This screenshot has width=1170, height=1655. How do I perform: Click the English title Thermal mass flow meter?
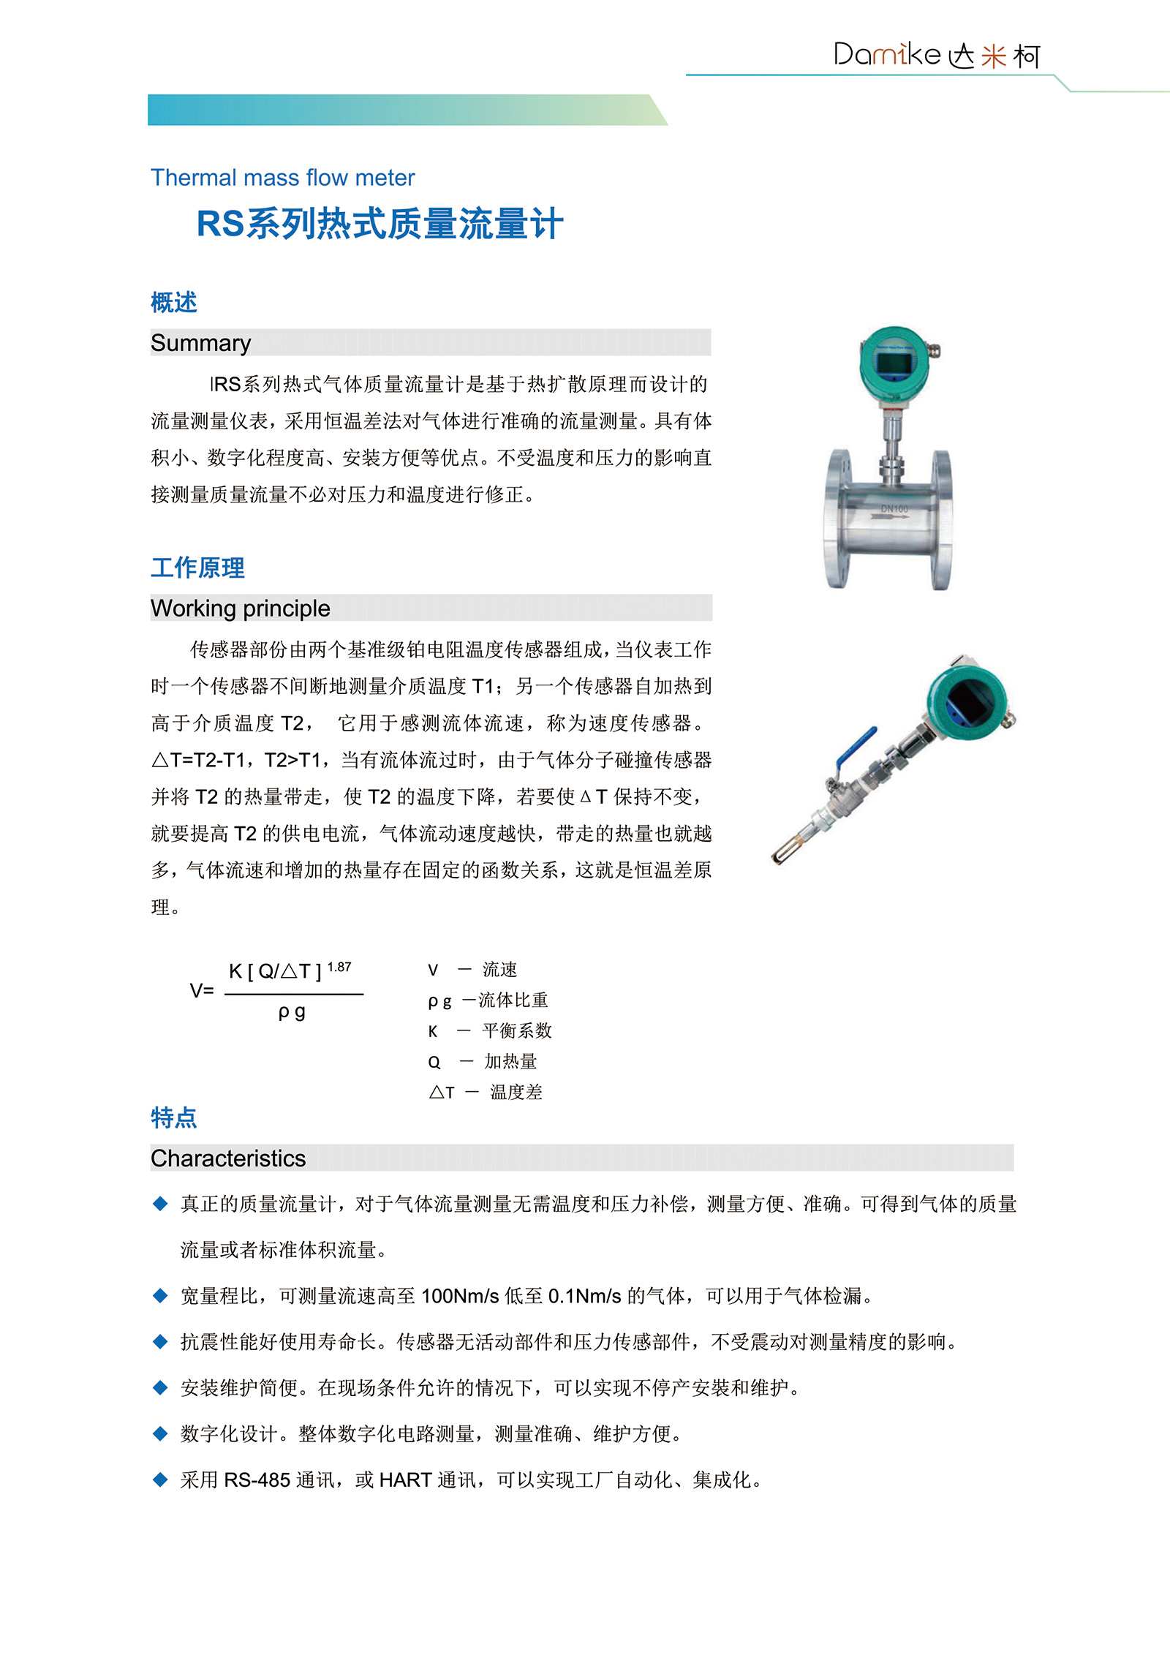tap(282, 178)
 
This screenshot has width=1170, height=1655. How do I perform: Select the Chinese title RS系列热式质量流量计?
tap(380, 224)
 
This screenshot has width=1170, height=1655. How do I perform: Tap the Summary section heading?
tap(200, 343)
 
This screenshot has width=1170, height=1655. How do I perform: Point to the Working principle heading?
tap(240, 608)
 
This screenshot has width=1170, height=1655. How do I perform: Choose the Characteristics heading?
tap(228, 1158)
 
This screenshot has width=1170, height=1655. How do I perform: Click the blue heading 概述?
tap(174, 302)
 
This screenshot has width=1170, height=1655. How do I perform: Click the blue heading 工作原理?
tap(197, 568)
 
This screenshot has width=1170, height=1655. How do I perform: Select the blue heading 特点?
tap(174, 1117)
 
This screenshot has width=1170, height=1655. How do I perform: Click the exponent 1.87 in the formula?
tap(339, 967)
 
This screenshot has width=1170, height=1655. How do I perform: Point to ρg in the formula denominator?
tap(292, 1012)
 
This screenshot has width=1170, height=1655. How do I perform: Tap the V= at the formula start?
tap(202, 991)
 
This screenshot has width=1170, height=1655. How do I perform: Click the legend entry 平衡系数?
tap(517, 1031)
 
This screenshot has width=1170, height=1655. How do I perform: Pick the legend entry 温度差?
tap(516, 1093)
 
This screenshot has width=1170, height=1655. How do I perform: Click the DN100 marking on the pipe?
tap(894, 508)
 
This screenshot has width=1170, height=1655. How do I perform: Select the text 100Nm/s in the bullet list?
tap(460, 1297)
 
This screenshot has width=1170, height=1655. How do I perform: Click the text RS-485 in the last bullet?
tap(257, 1480)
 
